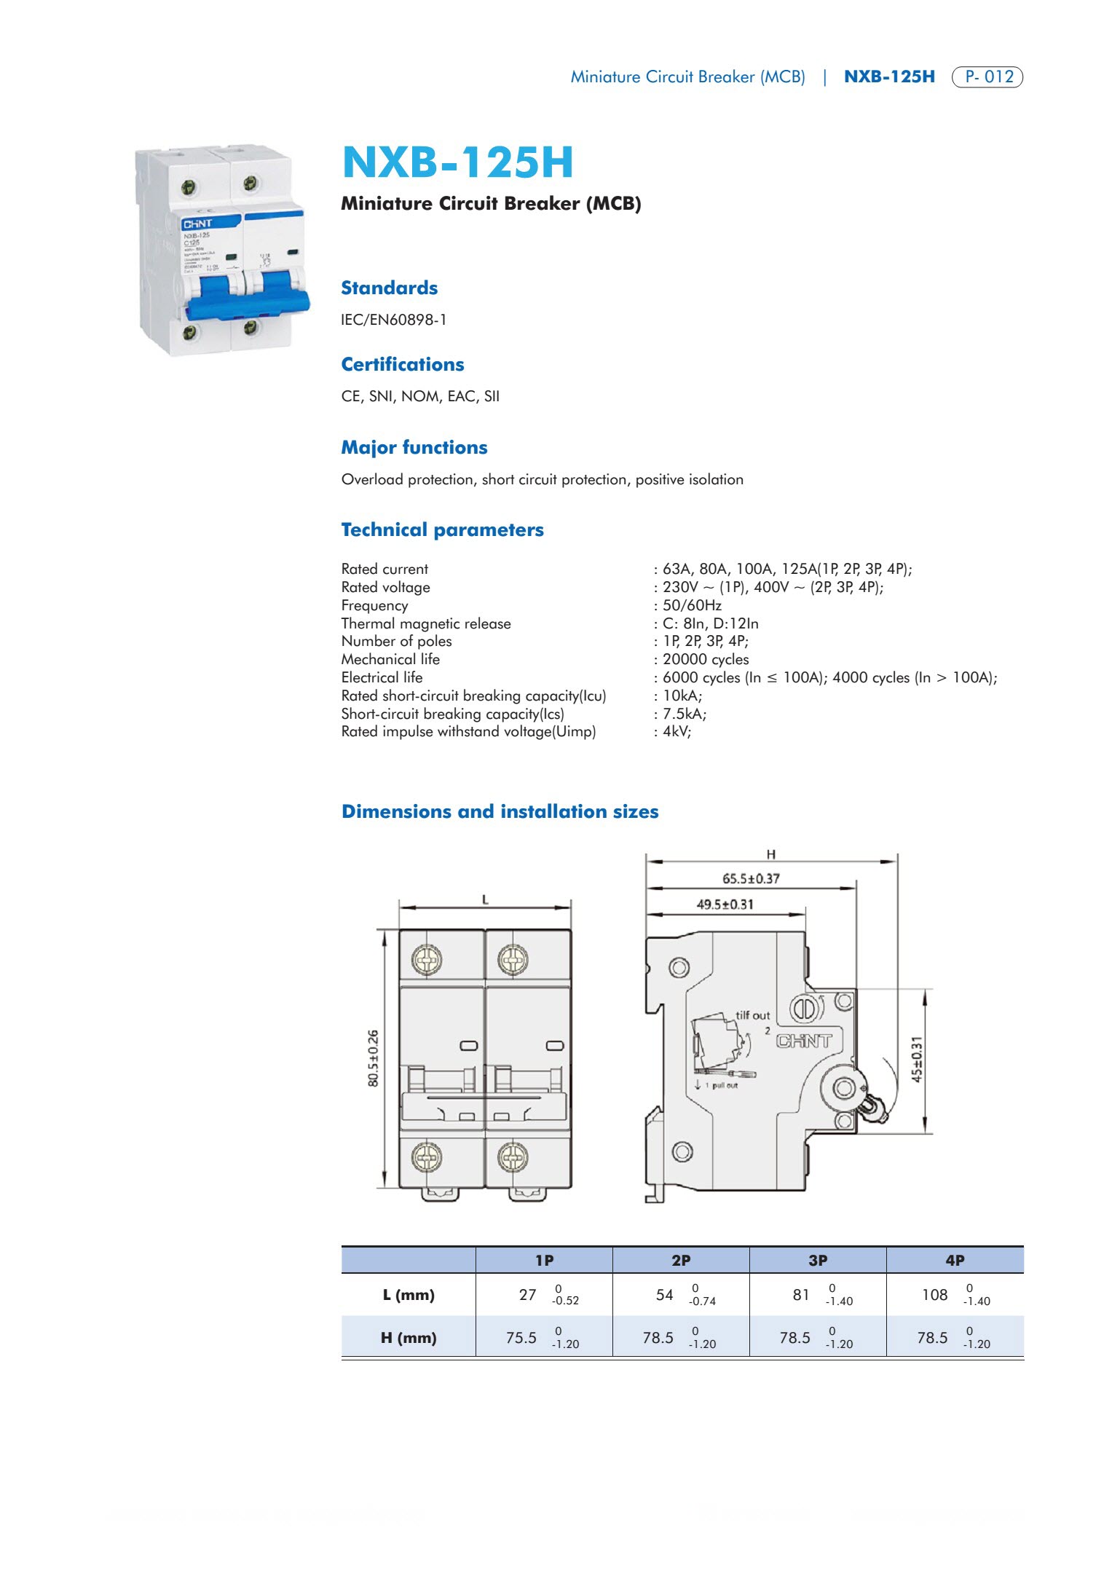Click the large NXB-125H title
458,162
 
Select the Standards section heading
389,288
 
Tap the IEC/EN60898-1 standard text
394,320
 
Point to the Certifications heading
402,364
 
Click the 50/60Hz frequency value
692,605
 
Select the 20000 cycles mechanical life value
705,659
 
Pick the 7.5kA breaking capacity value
684,714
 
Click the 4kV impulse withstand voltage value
677,731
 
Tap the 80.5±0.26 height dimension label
374,1058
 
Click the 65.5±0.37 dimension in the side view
751,879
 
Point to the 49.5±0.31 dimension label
725,905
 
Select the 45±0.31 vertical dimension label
918,1060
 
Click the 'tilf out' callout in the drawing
752,1015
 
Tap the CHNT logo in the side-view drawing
804,1041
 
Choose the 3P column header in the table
818,1260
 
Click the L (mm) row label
409,1295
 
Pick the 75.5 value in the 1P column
521,1338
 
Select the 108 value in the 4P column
935,1295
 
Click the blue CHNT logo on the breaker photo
197,224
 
